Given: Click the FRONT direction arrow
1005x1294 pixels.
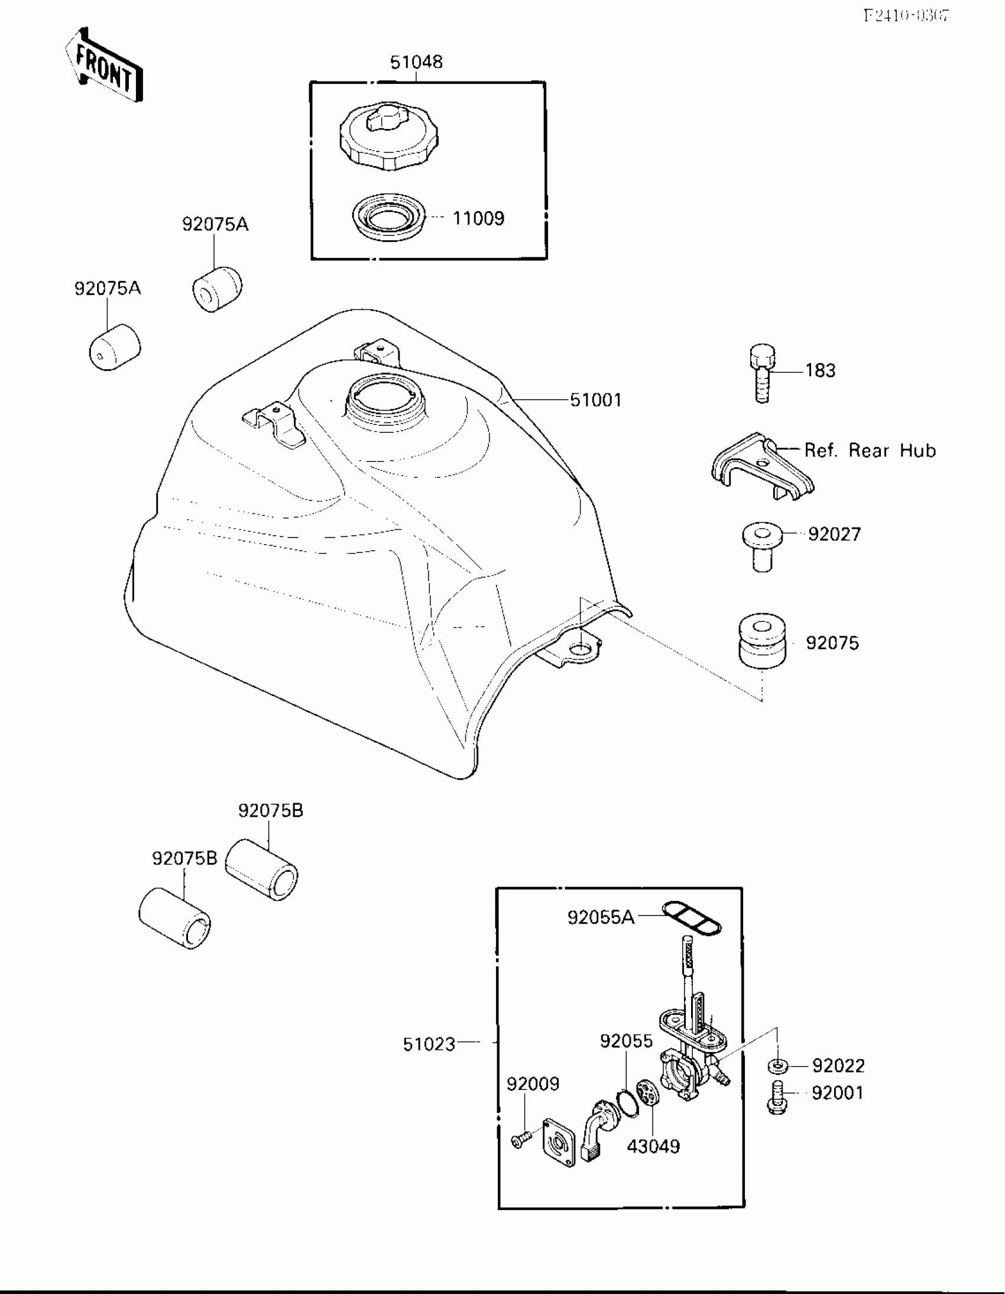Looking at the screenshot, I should click(104, 65).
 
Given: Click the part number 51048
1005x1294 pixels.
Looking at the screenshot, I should click(416, 62).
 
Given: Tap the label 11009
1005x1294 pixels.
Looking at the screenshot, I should click(478, 219).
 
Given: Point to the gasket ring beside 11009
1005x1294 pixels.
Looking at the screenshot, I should click(388, 217).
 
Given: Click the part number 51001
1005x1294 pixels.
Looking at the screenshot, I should click(596, 400).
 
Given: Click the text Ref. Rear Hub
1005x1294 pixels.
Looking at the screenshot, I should click(870, 450).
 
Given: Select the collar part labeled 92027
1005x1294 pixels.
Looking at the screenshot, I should click(762, 546).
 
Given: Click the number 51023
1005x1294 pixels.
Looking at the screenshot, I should click(429, 1044).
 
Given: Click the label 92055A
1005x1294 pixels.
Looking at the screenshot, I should click(601, 918).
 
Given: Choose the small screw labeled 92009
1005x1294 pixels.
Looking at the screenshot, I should click(520, 1140).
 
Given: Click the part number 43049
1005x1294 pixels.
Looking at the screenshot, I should click(653, 1147).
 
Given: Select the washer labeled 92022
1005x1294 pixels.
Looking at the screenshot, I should click(777, 1066).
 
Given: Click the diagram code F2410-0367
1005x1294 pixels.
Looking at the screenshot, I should click(906, 16).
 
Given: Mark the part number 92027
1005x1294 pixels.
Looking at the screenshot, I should click(834, 535).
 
